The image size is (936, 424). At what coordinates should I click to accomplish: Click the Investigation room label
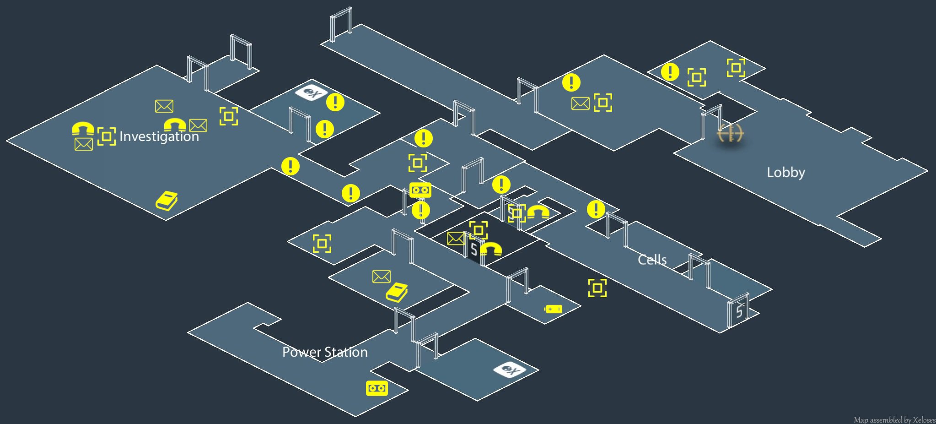click(x=159, y=136)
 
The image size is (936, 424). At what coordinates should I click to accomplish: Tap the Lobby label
click(x=785, y=173)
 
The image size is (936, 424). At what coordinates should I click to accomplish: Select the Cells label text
click(x=652, y=260)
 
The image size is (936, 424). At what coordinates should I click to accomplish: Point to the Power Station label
click(x=325, y=352)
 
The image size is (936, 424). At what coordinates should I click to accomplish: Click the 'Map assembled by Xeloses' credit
click(x=894, y=419)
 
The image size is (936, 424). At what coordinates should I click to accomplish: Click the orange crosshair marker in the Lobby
click(x=730, y=133)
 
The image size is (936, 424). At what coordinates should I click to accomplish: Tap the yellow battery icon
click(x=553, y=309)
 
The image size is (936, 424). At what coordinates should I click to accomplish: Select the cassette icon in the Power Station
click(x=377, y=388)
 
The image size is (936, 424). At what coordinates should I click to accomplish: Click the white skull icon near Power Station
click(x=509, y=370)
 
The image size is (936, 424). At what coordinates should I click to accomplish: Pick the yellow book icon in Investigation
click(x=167, y=201)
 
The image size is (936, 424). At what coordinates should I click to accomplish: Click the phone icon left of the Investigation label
click(x=83, y=129)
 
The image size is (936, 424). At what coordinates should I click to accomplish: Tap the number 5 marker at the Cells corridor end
click(x=739, y=312)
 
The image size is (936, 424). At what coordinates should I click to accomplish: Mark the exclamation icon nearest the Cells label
click(x=596, y=209)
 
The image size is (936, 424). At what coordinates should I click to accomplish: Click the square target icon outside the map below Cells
click(x=597, y=288)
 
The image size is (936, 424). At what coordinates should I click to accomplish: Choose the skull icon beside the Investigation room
click(x=311, y=93)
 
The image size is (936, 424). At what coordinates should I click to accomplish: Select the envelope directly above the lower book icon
click(x=381, y=276)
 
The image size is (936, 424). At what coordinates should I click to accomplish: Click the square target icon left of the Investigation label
click(x=107, y=136)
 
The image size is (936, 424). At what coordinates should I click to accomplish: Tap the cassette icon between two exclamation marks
click(x=420, y=190)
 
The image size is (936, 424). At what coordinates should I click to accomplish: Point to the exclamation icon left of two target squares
click(x=670, y=72)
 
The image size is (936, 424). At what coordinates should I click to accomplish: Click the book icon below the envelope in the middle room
click(x=397, y=293)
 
